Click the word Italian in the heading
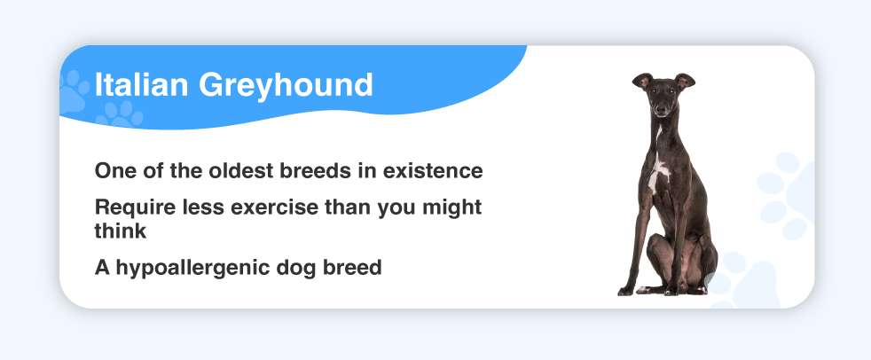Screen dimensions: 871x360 point(142,84)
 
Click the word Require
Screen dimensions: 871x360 point(128,207)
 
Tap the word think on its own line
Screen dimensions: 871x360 point(121,231)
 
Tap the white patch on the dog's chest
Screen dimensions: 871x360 point(659,169)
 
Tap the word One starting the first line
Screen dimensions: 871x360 point(114,170)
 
